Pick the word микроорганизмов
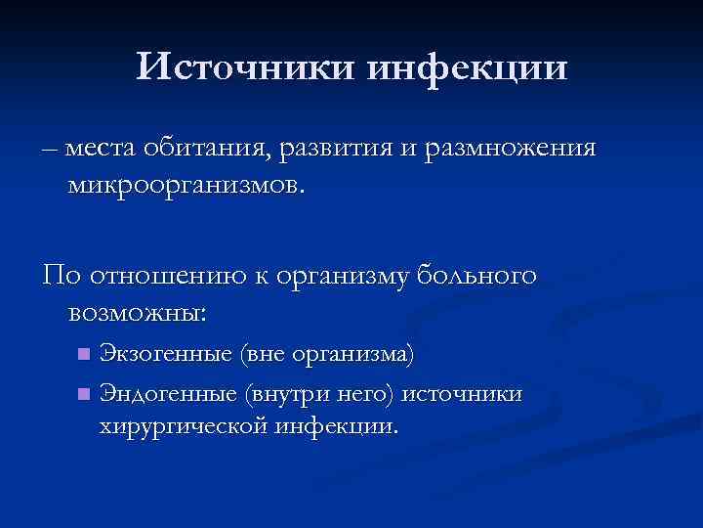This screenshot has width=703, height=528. tap(186, 185)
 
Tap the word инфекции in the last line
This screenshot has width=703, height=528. tap(336, 427)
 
